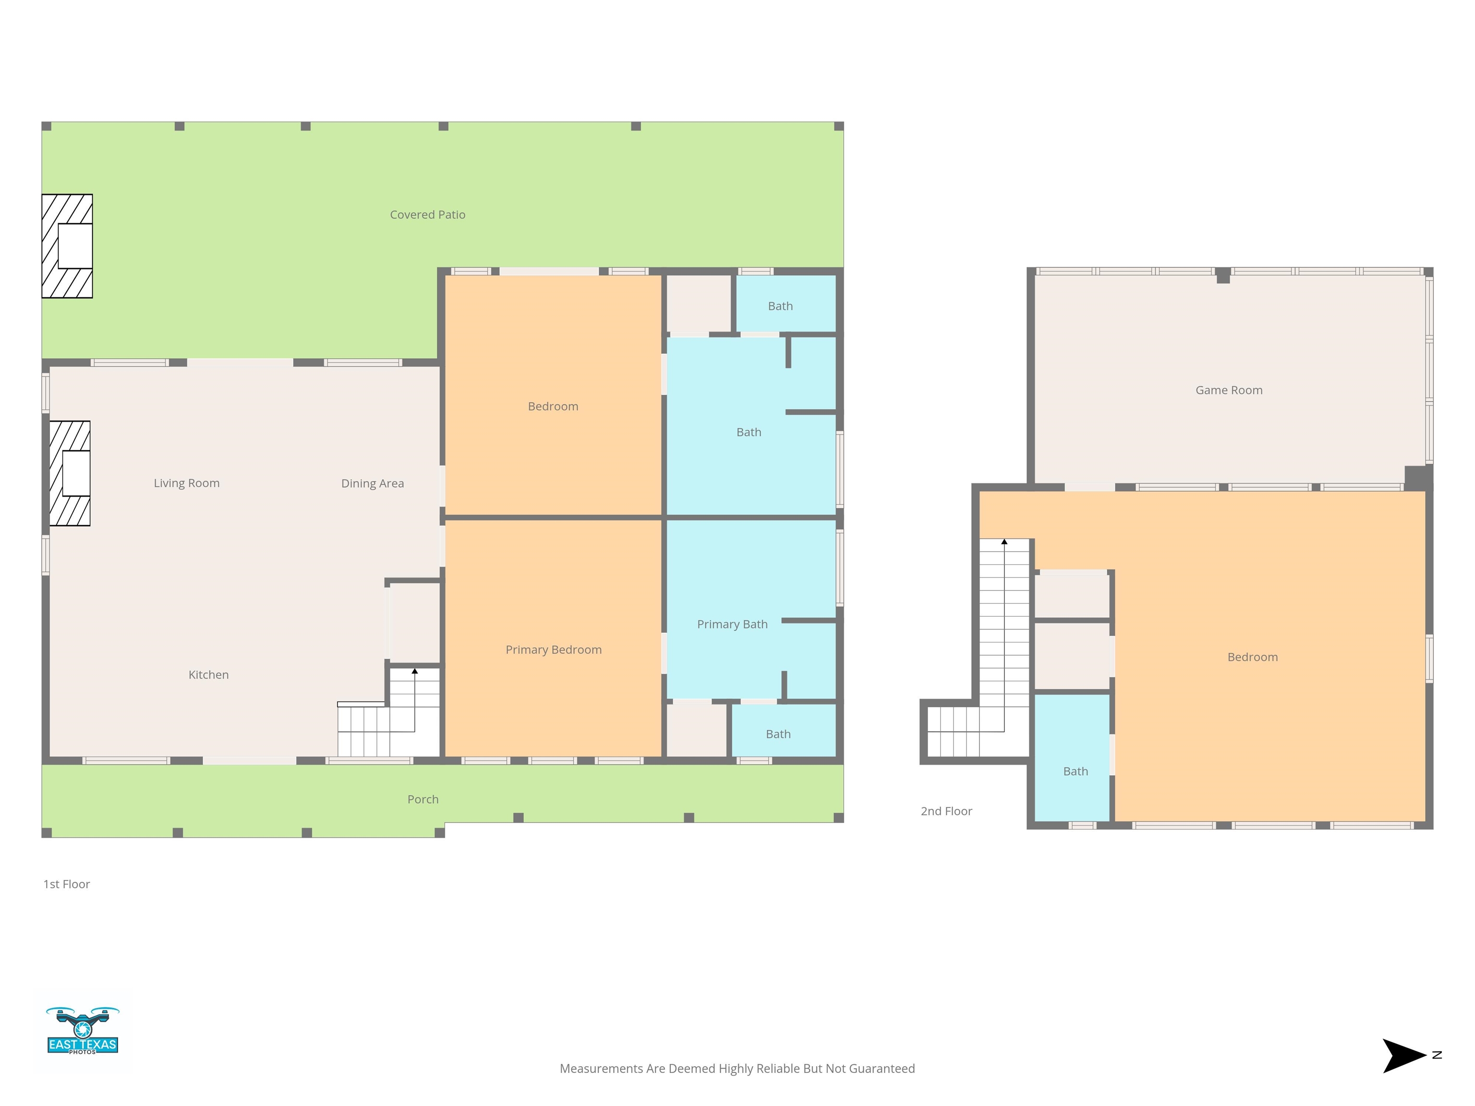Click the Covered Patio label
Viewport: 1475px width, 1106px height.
(x=427, y=215)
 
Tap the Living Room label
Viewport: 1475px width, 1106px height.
(x=187, y=483)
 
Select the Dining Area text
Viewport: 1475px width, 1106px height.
(x=373, y=483)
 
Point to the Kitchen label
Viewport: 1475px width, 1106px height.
(x=209, y=674)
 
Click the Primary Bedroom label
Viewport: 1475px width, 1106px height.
(x=554, y=650)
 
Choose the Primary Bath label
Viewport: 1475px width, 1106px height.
(x=732, y=625)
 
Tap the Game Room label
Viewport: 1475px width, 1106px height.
(x=1229, y=390)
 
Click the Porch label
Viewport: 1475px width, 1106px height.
(x=423, y=799)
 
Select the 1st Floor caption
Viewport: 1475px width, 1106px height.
(x=67, y=884)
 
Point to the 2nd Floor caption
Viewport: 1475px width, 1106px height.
(x=946, y=811)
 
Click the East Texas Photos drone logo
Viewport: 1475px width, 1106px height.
(x=83, y=1031)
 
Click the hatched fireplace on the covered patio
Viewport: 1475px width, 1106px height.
(x=67, y=246)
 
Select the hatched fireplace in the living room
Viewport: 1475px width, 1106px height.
(x=70, y=473)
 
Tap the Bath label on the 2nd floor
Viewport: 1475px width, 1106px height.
(x=1076, y=771)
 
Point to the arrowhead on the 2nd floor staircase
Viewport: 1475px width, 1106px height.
(x=1004, y=542)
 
